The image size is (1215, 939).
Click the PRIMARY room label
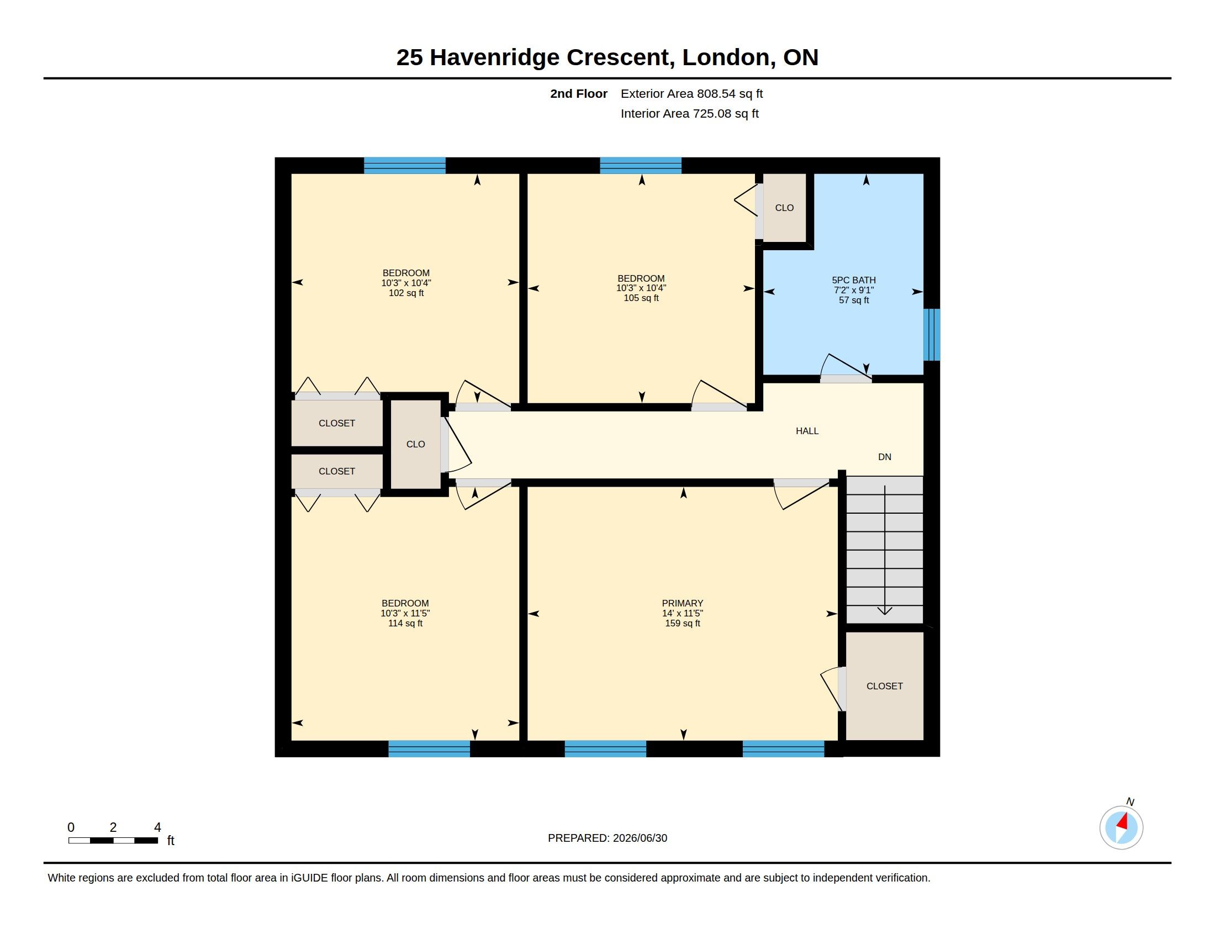(x=682, y=603)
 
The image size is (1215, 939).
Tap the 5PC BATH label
(x=853, y=281)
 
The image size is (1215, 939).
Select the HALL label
(x=807, y=431)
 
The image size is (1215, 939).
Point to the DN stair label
(x=885, y=457)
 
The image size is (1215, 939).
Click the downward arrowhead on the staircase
(x=885, y=611)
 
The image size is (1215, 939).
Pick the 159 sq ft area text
(x=682, y=623)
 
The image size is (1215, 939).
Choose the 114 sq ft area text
(x=405, y=623)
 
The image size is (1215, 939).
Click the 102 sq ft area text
(x=406, y=293)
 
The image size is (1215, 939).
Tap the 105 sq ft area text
(x=641, y=298)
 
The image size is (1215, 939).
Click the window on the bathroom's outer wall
(x=932, y=335)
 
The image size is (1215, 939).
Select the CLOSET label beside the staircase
(x=885, y=686)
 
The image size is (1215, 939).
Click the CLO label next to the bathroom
(x=784, y=208)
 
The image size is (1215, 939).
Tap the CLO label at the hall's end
(x=415, y=444)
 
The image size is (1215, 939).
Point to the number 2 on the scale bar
(x=113, y=827)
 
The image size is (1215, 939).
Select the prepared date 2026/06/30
(x=640, y=838)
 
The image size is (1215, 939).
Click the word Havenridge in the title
(x=495, y=57)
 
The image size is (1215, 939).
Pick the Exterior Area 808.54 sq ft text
(x=691, y=93)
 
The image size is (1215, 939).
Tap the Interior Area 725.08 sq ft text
(x=689, y=113)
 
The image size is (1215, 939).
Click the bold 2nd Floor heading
(x=579, y=93)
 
